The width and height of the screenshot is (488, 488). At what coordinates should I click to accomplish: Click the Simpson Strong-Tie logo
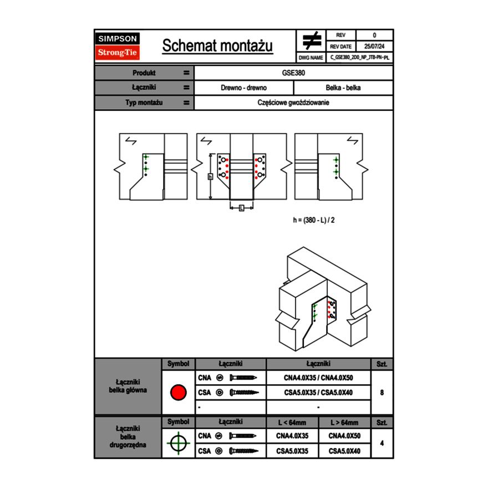(118, 46)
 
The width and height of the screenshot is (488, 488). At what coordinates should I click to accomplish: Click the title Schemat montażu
(217, 46)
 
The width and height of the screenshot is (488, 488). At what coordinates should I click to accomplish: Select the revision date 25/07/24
(374, 47)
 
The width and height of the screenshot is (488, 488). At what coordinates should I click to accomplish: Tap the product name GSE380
(293, 73)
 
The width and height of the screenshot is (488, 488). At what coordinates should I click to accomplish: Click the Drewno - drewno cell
(244, 88)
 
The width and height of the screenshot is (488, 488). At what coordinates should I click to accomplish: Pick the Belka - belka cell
(343, 88)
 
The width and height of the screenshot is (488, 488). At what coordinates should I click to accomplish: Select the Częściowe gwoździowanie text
(293, 103)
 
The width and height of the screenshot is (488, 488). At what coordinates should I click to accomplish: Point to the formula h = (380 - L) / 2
(314, 220)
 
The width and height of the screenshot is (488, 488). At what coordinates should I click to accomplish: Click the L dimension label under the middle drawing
(242, 208)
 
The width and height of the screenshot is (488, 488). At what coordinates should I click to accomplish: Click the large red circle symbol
(178, 393)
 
